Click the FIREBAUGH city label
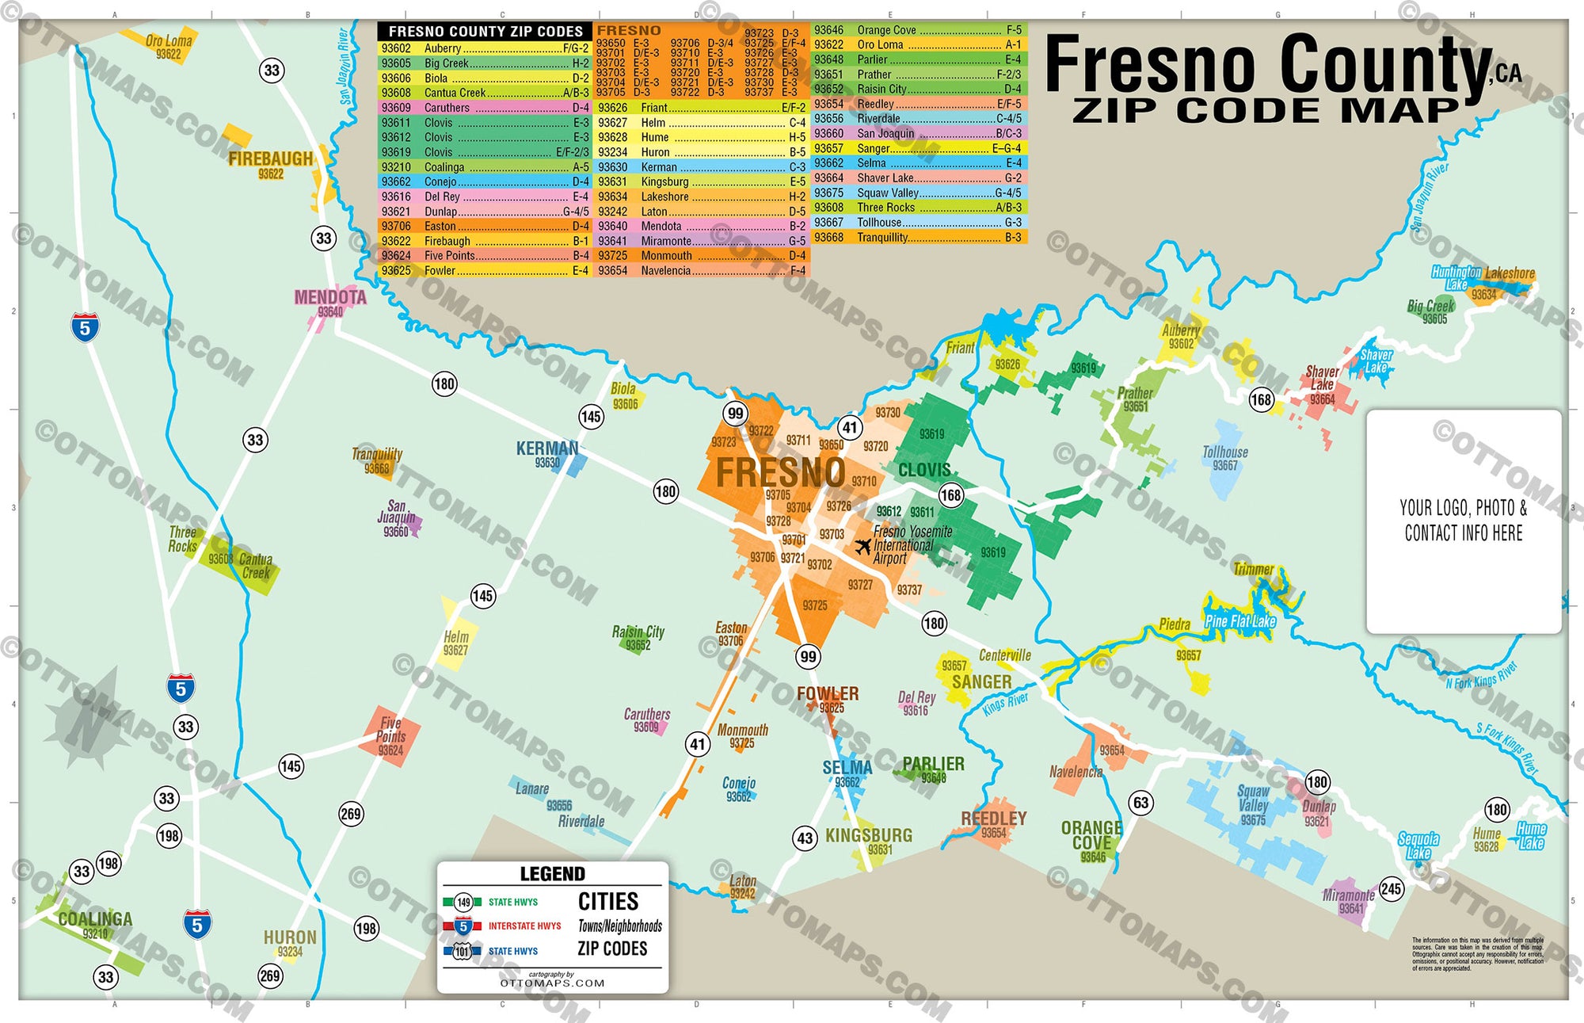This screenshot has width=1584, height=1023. (271, 158)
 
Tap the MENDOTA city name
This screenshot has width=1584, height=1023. (330, 297)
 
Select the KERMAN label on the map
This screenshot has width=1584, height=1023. (547, 449)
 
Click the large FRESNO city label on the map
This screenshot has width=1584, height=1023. (780, 473)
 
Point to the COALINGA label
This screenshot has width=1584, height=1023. (95, 919)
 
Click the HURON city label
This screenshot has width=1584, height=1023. (290, 937)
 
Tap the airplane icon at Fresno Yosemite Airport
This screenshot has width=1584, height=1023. (862, 546)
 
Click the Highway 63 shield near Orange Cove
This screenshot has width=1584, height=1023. (1140, 803)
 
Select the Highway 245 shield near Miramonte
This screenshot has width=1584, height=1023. (1392, 888)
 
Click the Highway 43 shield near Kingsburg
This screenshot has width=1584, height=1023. (805, 838)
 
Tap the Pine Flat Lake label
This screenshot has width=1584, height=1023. (1240, 621)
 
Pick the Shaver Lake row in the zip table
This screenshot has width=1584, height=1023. (919, 178)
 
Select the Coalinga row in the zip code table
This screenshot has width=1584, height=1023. (485, 167)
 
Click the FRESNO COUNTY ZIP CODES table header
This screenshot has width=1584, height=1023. (485, 32)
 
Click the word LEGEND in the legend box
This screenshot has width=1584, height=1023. (552, 874)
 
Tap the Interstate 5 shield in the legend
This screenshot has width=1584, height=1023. (463, 926)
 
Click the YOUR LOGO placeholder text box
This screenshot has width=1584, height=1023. (1464, 521)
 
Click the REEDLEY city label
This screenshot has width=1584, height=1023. (993, 818)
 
